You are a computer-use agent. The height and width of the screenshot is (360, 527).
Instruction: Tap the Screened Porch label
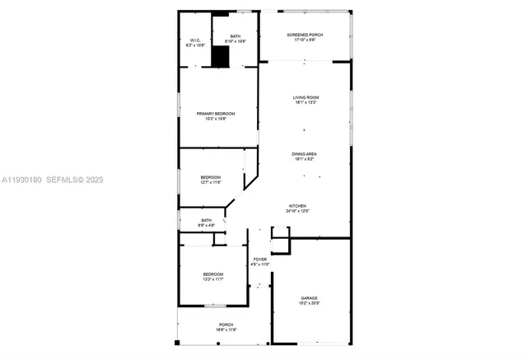305,35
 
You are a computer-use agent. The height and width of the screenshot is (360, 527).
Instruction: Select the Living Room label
305,98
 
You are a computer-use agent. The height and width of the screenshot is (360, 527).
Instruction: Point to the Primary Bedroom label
215,113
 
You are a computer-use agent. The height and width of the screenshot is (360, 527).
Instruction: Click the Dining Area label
304,153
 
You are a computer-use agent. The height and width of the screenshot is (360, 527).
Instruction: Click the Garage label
309,298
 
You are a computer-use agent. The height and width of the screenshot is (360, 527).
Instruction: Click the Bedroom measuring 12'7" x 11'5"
210,181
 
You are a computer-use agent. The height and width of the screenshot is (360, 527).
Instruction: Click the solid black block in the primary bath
220,57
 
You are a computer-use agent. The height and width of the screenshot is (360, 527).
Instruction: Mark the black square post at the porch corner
177,342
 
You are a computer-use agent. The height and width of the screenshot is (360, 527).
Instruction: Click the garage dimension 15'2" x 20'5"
309,303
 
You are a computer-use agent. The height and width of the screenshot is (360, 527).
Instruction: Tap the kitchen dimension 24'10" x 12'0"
297,211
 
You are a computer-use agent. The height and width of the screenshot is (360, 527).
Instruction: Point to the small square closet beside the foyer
281,245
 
